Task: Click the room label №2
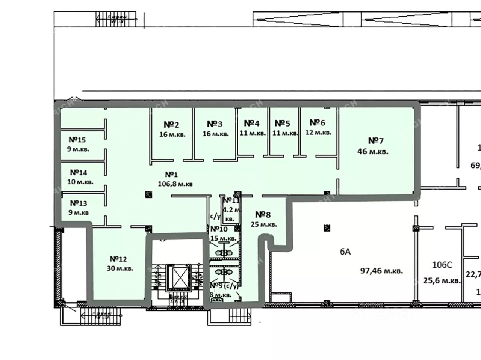171,125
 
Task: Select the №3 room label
215,124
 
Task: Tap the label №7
375,141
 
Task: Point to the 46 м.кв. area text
372,152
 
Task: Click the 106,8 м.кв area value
175,184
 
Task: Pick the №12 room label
118,259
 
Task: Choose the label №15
77,140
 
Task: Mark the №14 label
78,173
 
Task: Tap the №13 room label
78,203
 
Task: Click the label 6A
345,252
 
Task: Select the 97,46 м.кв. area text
382,270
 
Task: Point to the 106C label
442,265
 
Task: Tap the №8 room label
263,215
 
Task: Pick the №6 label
317,123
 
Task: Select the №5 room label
282,124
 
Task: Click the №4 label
251,124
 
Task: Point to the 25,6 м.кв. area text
442,280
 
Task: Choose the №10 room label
219,229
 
